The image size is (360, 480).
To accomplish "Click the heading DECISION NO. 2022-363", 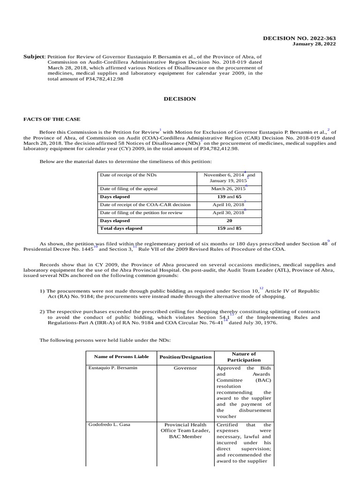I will (306, 38).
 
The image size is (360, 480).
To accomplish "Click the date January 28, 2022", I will (314, 44).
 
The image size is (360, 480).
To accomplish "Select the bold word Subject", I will (34, 56).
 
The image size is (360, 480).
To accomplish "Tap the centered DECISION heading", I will (179, 99).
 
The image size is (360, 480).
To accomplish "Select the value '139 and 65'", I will (229, 197).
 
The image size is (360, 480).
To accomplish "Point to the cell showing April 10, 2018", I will (228, 205).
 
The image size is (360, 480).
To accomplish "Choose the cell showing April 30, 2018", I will (228, 213).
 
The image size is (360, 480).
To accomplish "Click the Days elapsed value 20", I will (229, 221).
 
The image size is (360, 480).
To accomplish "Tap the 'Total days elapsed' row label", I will (121, 229).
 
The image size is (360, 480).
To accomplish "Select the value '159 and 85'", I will (229, 229).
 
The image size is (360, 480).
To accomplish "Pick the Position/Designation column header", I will (186, 357).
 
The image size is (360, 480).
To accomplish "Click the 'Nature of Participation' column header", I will (244, 357).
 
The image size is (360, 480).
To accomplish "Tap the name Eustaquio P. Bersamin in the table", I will (112, 368).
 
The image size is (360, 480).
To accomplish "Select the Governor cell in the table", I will (186, 368).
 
